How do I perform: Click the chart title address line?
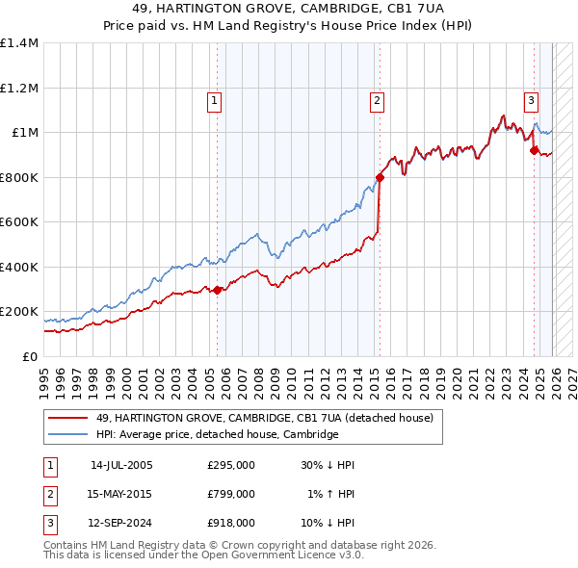pos(289,8)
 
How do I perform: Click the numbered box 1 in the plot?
pos(213,99)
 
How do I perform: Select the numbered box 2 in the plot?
pos(377,99)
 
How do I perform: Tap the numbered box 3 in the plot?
pos(531,99)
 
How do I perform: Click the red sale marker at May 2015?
pos(381,177)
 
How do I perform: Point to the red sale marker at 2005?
pos(218,290)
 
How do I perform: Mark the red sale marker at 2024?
pos(534,149)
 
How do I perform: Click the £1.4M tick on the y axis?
pos(19,43)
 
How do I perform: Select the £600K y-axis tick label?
pos(19,222)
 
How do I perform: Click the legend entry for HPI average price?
pos(217,434)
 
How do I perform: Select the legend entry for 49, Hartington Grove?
pos(265,418)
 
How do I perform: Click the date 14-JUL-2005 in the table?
pos(121,465)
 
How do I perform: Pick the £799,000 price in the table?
pos(231,494)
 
